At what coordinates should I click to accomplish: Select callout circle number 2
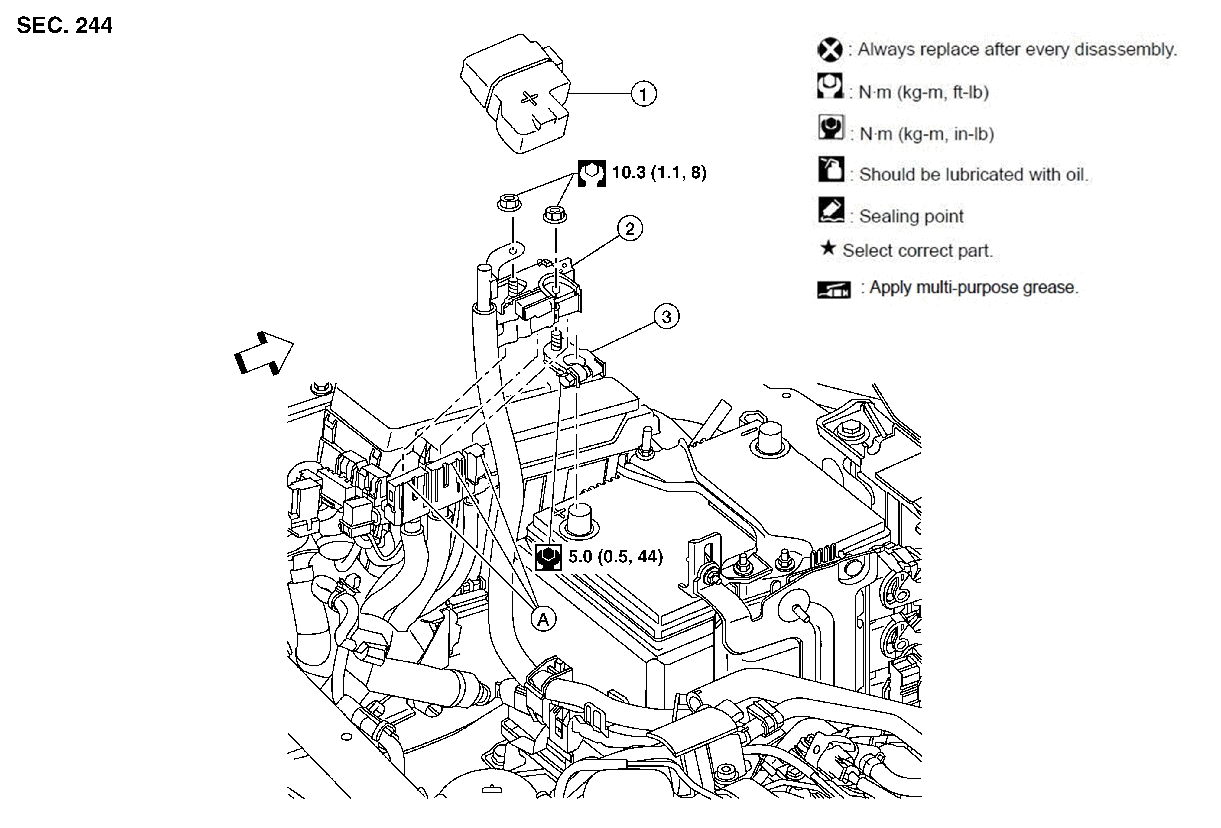coord(630,229)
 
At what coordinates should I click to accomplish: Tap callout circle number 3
coord(666,317)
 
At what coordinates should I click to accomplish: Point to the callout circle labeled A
coord(543,619)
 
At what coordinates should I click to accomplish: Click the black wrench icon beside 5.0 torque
coord(548,557)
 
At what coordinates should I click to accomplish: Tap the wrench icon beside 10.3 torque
coord(592,173)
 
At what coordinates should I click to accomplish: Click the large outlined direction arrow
coord(263,353)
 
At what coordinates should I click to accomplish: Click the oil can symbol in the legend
coord(831,169)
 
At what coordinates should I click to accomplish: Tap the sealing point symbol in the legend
coord(831,210)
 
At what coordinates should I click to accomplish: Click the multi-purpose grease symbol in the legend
coord(834,289)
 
